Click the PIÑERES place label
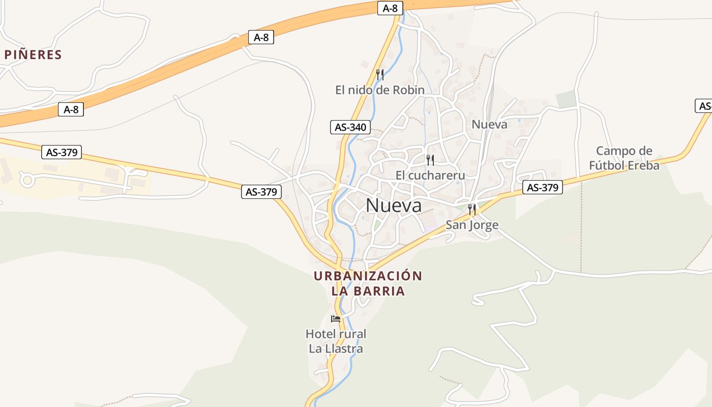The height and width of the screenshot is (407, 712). click(x=33, y=55)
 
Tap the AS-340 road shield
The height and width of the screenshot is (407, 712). click(x=350, y=127)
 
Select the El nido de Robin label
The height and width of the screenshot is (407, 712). click(x=379, y=90)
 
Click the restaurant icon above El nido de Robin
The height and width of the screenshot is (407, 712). click(x=379, y=74)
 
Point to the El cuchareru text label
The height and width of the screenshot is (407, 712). click(x=430, y=176)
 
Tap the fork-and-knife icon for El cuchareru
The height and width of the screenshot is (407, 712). click(x=430, y=160)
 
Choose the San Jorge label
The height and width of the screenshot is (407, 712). click(x=472, y=225)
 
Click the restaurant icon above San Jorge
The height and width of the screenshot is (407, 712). click(x=472, y=209)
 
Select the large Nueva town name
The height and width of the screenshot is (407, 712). click(x=394, y=206)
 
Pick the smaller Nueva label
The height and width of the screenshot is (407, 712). click(x=489, y=125)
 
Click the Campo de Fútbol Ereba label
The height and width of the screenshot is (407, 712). click(x=624, y=158)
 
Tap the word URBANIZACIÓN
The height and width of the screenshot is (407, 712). click(x=368, y=276)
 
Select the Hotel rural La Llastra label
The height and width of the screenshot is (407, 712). click(x=336, y=341)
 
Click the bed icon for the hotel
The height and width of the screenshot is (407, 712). click(x=336, y=319)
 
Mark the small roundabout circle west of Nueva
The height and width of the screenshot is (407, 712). click(x=26, y=179)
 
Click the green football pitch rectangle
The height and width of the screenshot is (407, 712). click(x=566, y=99)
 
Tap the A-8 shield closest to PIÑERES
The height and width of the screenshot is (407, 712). click(x=71, y=109)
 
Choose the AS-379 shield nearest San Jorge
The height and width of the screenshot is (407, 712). click(x=542, y=188)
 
